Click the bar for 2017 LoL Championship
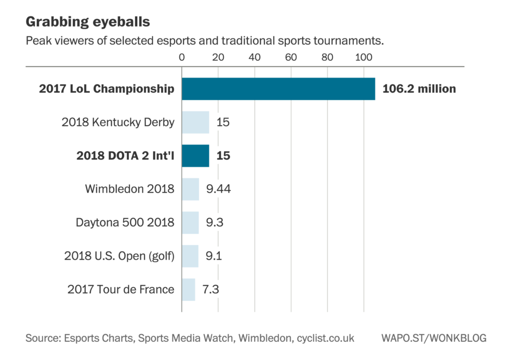coord(278,89)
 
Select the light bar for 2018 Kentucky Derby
coord(195,123)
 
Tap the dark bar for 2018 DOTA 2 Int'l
coord(195,156)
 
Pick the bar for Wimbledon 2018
coord(190,189)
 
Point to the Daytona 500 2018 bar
coord(190,223)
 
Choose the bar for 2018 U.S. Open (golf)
coord(190,256)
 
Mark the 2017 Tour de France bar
coord(188,289)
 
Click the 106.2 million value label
coord(419,89)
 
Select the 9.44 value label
coord(218,189)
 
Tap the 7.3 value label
coord(210,289)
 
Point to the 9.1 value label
coord(214,256)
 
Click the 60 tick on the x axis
coord(291,57)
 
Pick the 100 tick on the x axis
coord(363,57)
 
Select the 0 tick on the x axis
coord(182,57)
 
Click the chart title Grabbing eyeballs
coord(88,22)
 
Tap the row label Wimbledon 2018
coord(129,189)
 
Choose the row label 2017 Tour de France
coord(121,289)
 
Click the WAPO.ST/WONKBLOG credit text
coord(433,338)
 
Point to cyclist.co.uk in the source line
coord(325,338)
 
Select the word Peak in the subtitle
coord(37,41)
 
